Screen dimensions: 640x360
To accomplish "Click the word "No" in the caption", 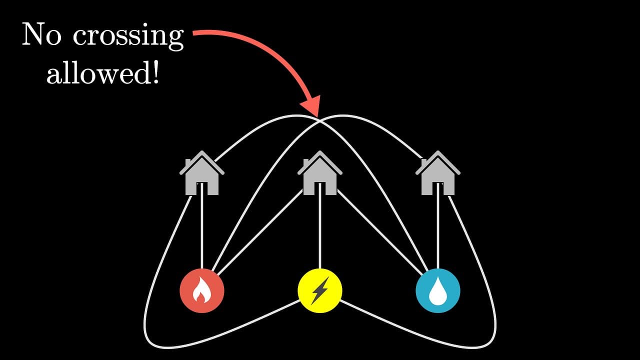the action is pyautogui.click(x=41, y=34).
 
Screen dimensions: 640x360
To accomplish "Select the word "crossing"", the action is pyautogui.click(x=128, y=37).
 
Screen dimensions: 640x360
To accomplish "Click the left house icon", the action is pyautogui.click(x=202, y=173).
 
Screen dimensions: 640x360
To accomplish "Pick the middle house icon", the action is pyautogui.click(x=319, y=173).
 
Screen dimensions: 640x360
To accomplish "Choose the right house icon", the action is pyautogui.click(x=438, y=173).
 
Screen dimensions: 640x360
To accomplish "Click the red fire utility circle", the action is pyautogui.click(x=202, y=290).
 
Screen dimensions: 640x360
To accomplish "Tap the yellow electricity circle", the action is pyautogui.click(x=320, y=290).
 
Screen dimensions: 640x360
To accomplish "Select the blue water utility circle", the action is pyautogui.click(x=438, y=290).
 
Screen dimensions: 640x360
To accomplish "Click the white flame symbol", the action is pyautogui.click(x=201, y=290).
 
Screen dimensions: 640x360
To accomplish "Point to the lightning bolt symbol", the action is pyautogui.click(x=320, y=290).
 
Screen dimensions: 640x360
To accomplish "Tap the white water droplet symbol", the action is pyautogui.click(x=438, y=291).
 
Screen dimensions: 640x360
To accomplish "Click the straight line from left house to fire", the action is pyautogui.click(x=202, y=225).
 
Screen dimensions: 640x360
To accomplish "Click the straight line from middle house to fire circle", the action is pyautogui.click(x=260, y=232).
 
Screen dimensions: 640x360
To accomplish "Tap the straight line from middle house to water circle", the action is pyautogui.click(x=379, y=232).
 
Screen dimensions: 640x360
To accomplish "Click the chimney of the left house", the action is pyautogui.click(x=188, y=163).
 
